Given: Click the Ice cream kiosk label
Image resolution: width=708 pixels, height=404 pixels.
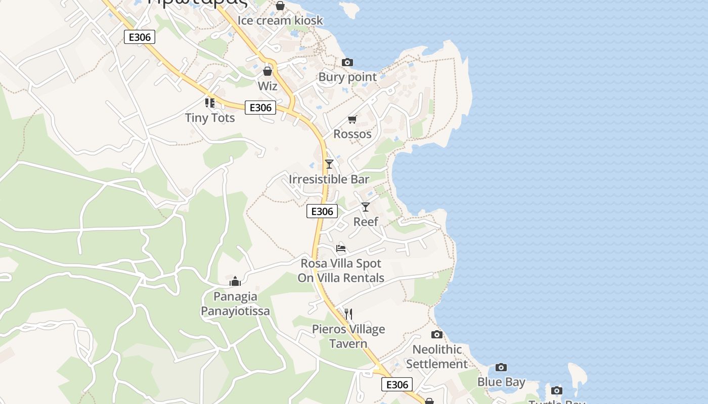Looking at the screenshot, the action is point(280,21).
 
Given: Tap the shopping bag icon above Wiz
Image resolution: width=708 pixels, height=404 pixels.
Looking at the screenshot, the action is point(268,71).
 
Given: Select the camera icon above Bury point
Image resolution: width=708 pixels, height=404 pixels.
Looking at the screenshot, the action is point(347,62).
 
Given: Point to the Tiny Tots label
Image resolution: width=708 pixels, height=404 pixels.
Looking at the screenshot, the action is point(210,118).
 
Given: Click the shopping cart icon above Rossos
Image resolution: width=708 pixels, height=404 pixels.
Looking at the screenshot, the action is point(352,119).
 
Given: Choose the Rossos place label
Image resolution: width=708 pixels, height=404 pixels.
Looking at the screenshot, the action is point(352,134).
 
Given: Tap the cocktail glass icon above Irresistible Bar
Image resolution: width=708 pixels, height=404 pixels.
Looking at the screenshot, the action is point(329,164).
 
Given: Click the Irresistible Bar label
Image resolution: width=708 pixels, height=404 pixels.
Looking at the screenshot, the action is point(329,179).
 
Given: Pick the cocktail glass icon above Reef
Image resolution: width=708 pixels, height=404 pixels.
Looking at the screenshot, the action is point(366,207).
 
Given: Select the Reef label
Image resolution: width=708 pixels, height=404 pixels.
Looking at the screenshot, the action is point(366,222).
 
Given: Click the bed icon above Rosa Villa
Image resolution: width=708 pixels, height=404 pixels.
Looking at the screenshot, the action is point(341,248).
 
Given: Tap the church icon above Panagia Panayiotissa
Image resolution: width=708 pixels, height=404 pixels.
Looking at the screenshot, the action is point(235,281).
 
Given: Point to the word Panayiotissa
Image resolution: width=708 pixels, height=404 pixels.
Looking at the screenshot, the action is point(235,311).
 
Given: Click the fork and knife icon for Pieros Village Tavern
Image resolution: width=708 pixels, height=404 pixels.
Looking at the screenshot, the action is point(348,314).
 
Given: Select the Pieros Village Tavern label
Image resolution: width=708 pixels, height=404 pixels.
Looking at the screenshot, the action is point(348,336).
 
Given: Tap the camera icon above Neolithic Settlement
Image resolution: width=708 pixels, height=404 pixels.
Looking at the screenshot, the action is point(437,334).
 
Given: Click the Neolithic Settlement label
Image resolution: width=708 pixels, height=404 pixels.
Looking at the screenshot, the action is point(437,357).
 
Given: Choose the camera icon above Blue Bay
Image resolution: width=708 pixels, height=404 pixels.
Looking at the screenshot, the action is point(501,367).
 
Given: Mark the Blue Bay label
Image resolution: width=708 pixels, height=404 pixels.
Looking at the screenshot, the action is point(501,382).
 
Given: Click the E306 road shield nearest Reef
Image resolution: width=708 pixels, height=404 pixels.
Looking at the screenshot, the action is point(322,211).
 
